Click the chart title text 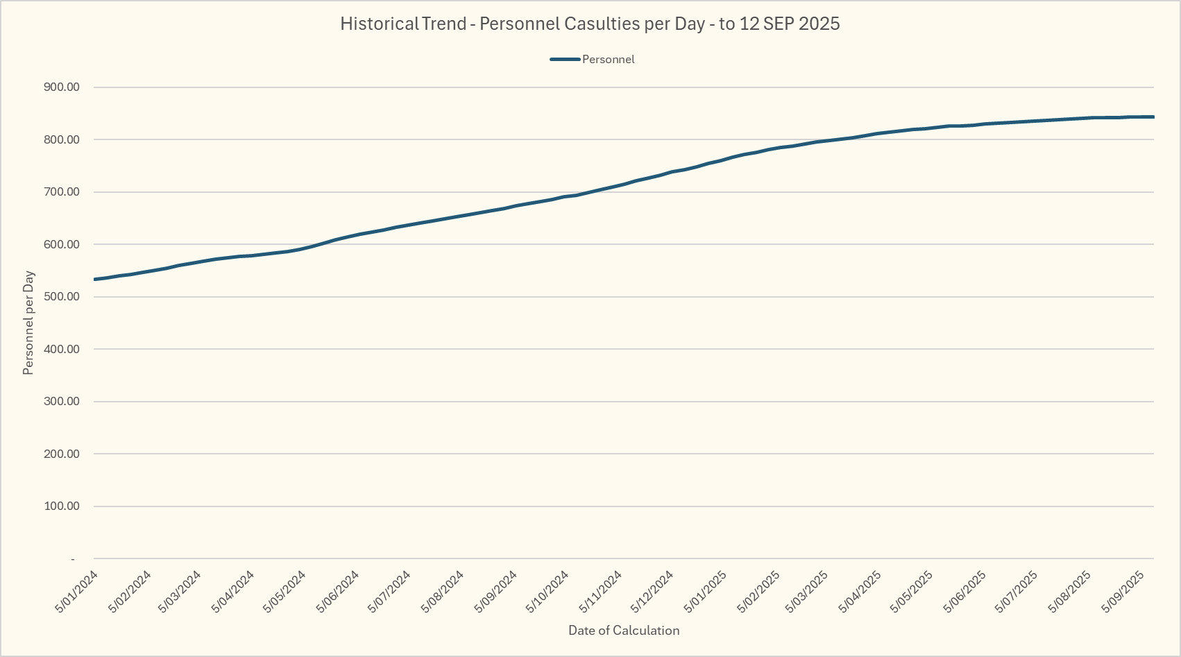(590, 24)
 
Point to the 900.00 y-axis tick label (62, 87)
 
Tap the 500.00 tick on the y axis (62, 297)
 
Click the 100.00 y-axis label (62, 506)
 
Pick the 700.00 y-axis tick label (62, 192)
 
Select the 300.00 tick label (62, 402)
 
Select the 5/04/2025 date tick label (861, 591)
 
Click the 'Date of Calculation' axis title (624, 631)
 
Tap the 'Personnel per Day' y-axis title (28, 323)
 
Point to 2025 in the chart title (819, 24)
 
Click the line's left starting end (95, 279)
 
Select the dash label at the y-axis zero (73, 559)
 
